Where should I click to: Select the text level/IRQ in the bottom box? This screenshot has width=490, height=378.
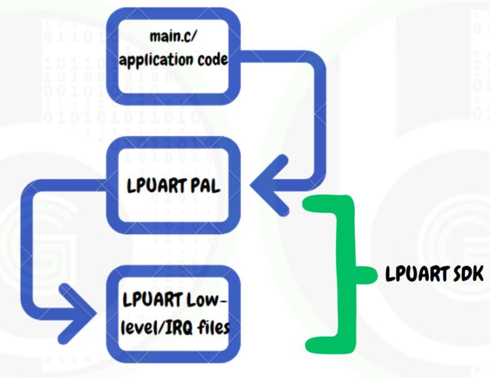[157, 326]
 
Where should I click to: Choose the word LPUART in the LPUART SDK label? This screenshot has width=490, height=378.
[415, 275]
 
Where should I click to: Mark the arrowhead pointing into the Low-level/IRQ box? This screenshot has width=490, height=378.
[83, 310]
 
